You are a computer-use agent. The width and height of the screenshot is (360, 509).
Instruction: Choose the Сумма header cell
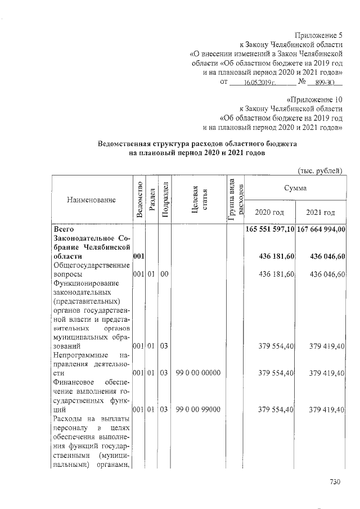coord(295,188)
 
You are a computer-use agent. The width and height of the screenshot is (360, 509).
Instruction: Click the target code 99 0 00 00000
coord(198,373)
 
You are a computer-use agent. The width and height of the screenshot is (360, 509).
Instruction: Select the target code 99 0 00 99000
coord(198,409)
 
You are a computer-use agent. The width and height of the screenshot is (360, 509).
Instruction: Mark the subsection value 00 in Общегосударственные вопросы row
coord(164,274)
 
